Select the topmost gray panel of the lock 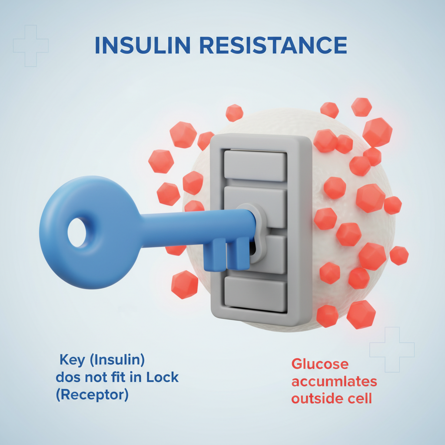[255, 166]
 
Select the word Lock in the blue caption [163, 377]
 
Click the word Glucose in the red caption [319, 364]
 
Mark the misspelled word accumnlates [334, 382]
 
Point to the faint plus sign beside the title [30, 46]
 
